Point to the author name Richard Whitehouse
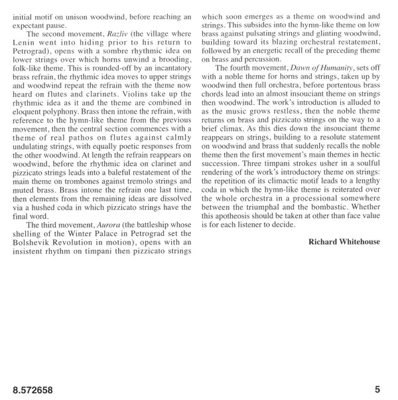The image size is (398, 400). [345, 242]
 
